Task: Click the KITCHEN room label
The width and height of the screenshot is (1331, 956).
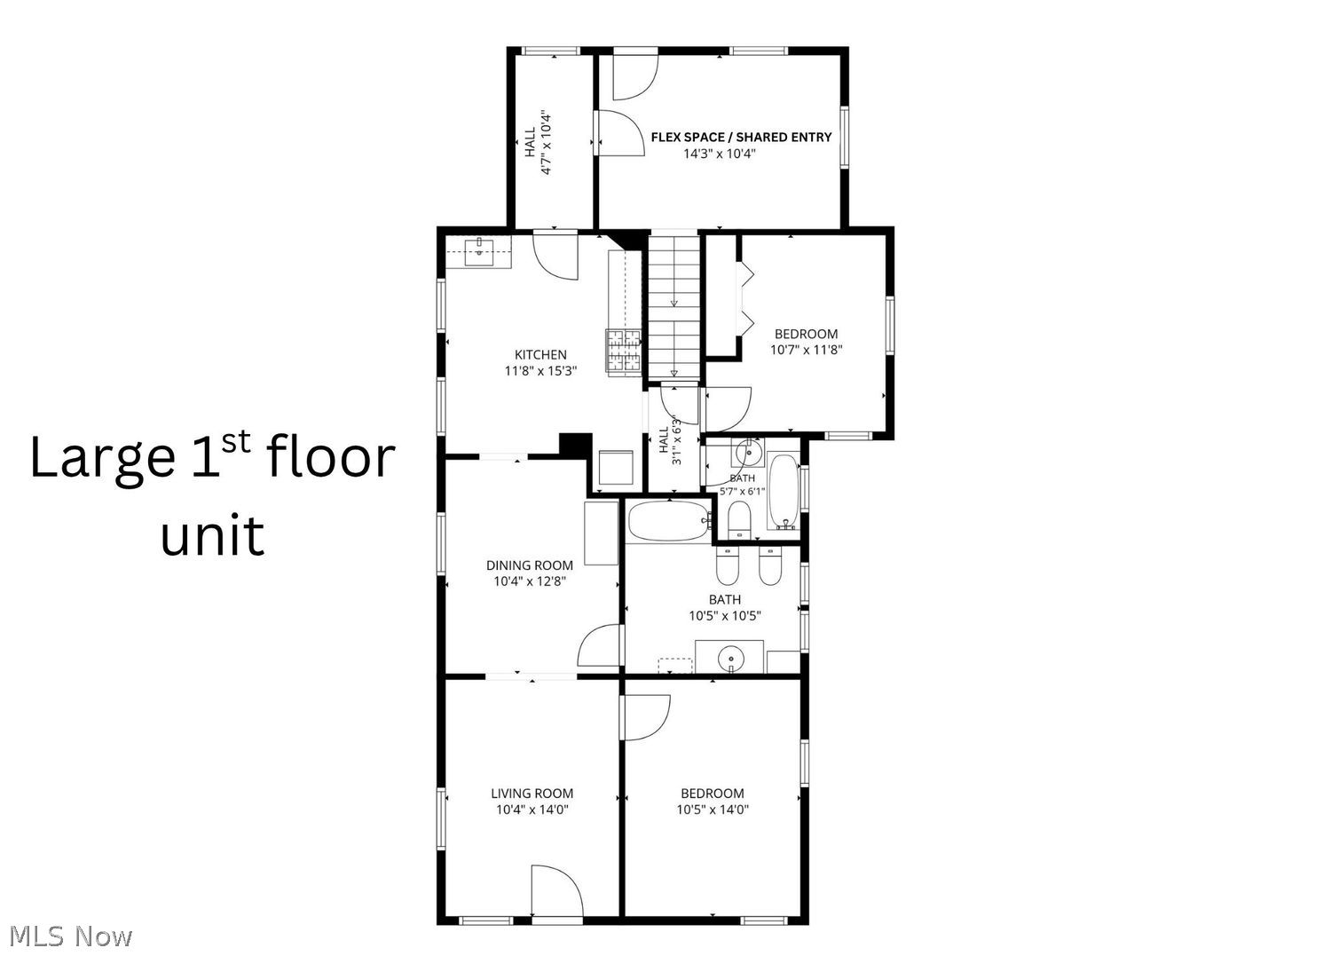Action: tap(540, 355)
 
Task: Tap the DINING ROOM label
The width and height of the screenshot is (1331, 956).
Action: tap(530, 565)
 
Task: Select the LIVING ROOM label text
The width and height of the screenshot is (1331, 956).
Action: tap(532, 793)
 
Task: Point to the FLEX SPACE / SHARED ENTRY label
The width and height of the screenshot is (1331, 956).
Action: tap(741, 138)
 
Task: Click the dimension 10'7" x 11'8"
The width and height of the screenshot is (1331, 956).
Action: tap(807, 350)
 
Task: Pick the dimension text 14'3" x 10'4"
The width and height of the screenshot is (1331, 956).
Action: tap(719, 154)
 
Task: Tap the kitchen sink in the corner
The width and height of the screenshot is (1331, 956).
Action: tap(479, 253)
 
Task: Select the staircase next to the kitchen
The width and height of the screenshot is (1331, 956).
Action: tap(673, 307)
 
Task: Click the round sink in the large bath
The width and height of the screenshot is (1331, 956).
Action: tap(729, 658)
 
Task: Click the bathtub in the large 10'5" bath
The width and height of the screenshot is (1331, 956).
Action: tap(669, 521)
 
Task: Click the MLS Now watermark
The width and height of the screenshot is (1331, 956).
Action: tap(70, 937)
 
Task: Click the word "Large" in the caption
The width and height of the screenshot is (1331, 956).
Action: tap(102, 459)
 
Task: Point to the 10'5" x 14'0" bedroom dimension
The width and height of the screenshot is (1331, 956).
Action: tap(713, 810)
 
